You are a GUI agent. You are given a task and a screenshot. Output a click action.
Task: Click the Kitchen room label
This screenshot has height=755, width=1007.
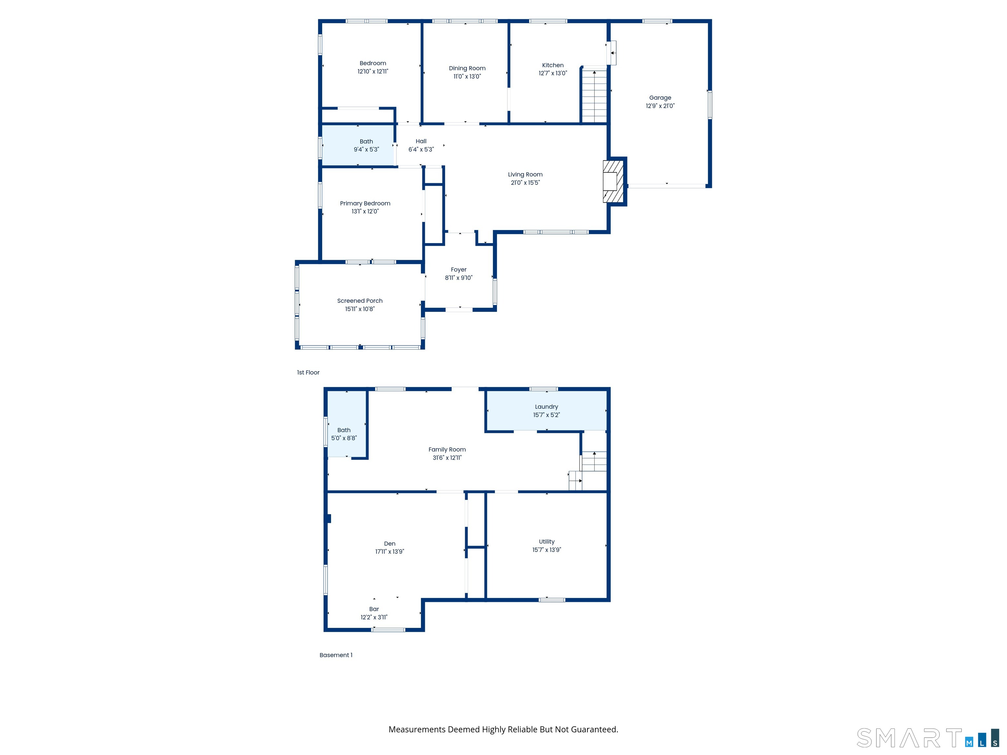(x=553, y=65)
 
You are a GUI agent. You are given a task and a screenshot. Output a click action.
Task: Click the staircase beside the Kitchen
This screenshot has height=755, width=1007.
(x=594, y=96)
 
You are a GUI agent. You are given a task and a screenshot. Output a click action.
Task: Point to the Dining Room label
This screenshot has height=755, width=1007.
(x=467, y=68)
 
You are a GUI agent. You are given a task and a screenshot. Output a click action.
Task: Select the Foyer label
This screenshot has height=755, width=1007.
(x=459, y=269)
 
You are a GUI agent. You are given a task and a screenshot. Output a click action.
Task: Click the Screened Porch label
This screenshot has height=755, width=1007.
(x=360, y=301)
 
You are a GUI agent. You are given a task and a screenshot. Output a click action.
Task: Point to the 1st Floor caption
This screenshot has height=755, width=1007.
(x=308, y=372)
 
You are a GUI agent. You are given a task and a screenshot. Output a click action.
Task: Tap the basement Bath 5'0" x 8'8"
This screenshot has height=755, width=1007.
(x=344, y=434)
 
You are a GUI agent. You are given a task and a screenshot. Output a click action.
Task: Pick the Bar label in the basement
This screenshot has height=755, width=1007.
(x=374, y=609)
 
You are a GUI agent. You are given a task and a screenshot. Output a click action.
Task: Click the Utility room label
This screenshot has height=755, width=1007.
(x=546, y=542)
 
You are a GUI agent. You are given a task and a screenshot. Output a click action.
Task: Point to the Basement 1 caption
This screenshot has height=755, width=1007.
(x=336, y=655)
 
